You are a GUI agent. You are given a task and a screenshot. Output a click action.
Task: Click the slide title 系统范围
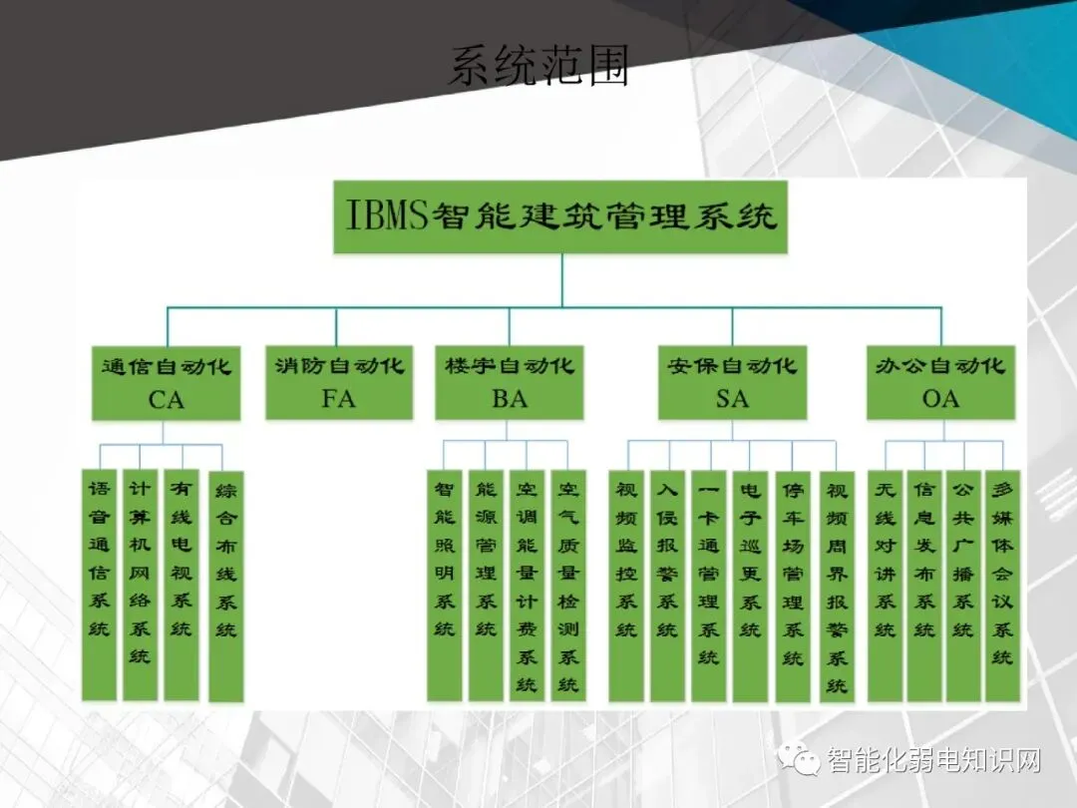point(538,66)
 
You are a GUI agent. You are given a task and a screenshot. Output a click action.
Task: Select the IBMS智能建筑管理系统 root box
point(560,216)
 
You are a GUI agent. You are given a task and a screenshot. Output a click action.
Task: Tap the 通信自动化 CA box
point(167,382)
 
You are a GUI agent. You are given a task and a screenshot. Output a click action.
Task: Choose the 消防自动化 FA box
point(339,382)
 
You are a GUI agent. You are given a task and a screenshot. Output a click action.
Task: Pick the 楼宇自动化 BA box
point(509,382)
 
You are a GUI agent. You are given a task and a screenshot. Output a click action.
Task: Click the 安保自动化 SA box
point(732,382)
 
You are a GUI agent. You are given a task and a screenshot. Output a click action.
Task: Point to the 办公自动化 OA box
point(940,382)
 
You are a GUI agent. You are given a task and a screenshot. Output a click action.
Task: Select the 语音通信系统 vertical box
point(101,585)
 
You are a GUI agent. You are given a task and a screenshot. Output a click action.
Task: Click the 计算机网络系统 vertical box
point(141,585)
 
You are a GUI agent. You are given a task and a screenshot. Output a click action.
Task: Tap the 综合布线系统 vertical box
point(226,587)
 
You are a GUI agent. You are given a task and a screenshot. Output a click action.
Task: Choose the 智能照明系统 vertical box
point(445,585)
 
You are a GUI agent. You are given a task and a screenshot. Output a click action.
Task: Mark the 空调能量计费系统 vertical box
point(527,585)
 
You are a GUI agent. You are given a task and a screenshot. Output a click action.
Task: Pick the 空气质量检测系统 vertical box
point(568,585)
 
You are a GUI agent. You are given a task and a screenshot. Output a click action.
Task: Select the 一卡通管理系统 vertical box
point(709,585)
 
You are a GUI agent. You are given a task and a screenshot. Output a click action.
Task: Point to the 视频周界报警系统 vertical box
point(837,585)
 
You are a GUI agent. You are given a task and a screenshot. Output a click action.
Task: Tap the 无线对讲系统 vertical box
point(885,585)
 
